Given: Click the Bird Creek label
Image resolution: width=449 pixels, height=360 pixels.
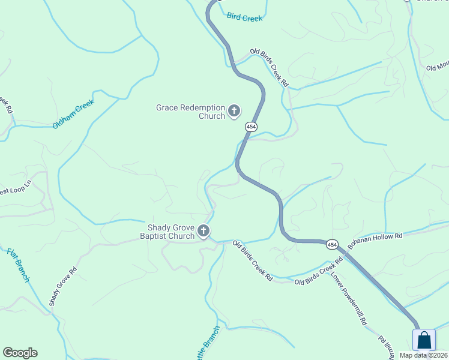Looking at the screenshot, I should [245, 17].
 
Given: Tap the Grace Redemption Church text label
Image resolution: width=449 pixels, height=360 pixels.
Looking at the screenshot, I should [190, 112].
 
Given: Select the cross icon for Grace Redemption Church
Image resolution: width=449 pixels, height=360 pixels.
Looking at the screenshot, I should [234, 111].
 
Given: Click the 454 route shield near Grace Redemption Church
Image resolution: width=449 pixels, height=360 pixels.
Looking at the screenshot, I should [251, 127].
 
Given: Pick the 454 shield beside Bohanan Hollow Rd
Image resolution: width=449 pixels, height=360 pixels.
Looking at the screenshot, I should [332, 245].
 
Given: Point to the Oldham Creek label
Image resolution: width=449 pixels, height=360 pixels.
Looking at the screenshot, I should [74, 114].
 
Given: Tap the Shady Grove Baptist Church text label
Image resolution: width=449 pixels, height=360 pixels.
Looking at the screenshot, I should [171, 232].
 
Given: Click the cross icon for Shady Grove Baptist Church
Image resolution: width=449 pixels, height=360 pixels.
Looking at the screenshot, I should [203, 231].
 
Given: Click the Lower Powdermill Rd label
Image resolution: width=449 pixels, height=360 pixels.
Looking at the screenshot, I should [349, 302].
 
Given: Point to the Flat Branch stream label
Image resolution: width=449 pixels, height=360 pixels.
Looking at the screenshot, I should [18, 265].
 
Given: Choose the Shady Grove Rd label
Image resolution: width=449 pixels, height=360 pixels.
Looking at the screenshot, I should [63, 286].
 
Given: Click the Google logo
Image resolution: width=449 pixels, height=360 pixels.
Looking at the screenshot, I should [20, 353].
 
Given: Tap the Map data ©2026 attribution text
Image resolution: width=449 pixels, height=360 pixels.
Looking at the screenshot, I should [423, 355].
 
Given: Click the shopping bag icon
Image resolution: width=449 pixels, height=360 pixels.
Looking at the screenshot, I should [424, 340].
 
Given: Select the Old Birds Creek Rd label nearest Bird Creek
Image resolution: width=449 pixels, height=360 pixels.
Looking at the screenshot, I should [270, 68].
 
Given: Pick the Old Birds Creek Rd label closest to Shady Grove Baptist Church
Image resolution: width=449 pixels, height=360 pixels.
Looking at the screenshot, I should [253, 261].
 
